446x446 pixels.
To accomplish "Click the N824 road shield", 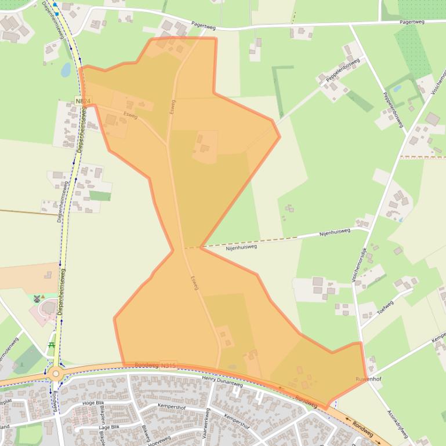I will [83, 101].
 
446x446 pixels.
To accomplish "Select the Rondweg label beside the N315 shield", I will [146, 365].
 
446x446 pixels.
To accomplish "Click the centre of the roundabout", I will [56, 374].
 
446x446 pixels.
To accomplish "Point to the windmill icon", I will [38, 298].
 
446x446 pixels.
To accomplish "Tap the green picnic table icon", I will [52, 345].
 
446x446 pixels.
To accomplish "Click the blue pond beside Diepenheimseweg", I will [66, 70].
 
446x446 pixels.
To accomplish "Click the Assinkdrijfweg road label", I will [398, 424].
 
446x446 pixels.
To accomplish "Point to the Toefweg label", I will [385, 307].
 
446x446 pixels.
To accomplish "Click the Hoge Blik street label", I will [93, 403].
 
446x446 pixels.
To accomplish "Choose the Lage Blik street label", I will [108, 426].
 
